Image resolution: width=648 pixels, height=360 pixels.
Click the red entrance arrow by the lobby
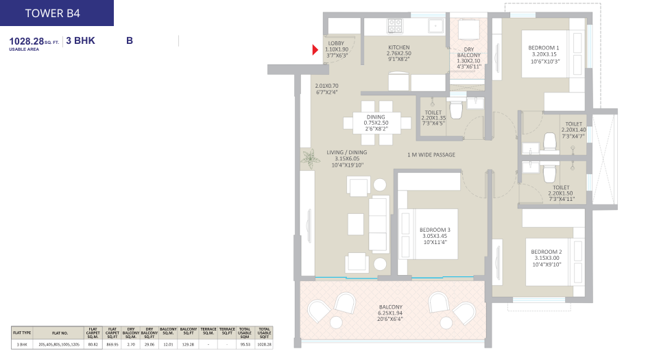[x=315, y=49]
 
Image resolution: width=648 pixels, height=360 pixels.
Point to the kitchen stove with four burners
[x=396, y=26]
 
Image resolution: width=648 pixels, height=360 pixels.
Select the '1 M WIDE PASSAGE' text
[x=431, y=155]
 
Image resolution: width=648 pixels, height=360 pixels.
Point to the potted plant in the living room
[x=310, y=158]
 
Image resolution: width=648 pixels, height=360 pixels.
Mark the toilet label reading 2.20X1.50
[x=561, y=193]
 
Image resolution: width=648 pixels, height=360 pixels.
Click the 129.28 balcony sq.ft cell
[x=187, y=344]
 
